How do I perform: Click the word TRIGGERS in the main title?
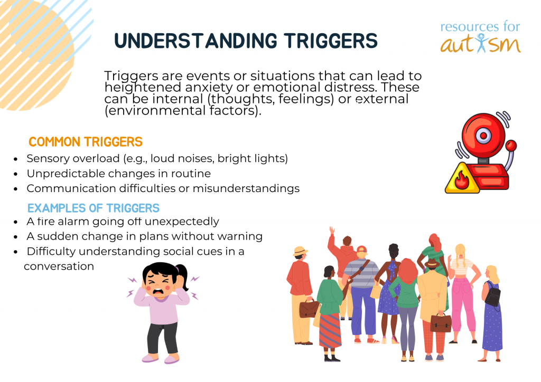point(331,41)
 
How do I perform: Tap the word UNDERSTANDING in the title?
point(195,41)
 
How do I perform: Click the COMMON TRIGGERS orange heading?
point(86,142)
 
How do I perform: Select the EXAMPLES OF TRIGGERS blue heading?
point(94,208)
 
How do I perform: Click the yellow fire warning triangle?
point(462,178)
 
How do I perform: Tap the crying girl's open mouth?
point(158,292)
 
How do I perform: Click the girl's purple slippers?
point(161,359)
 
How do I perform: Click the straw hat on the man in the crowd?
point(300,251)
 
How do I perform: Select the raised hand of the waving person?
point(332,231)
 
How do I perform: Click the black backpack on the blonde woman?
point(493,295)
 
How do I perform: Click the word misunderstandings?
point(246,189)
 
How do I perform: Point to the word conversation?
point(59,266)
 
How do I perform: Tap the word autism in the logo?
point(480,44)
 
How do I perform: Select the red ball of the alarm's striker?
point(511,145)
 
